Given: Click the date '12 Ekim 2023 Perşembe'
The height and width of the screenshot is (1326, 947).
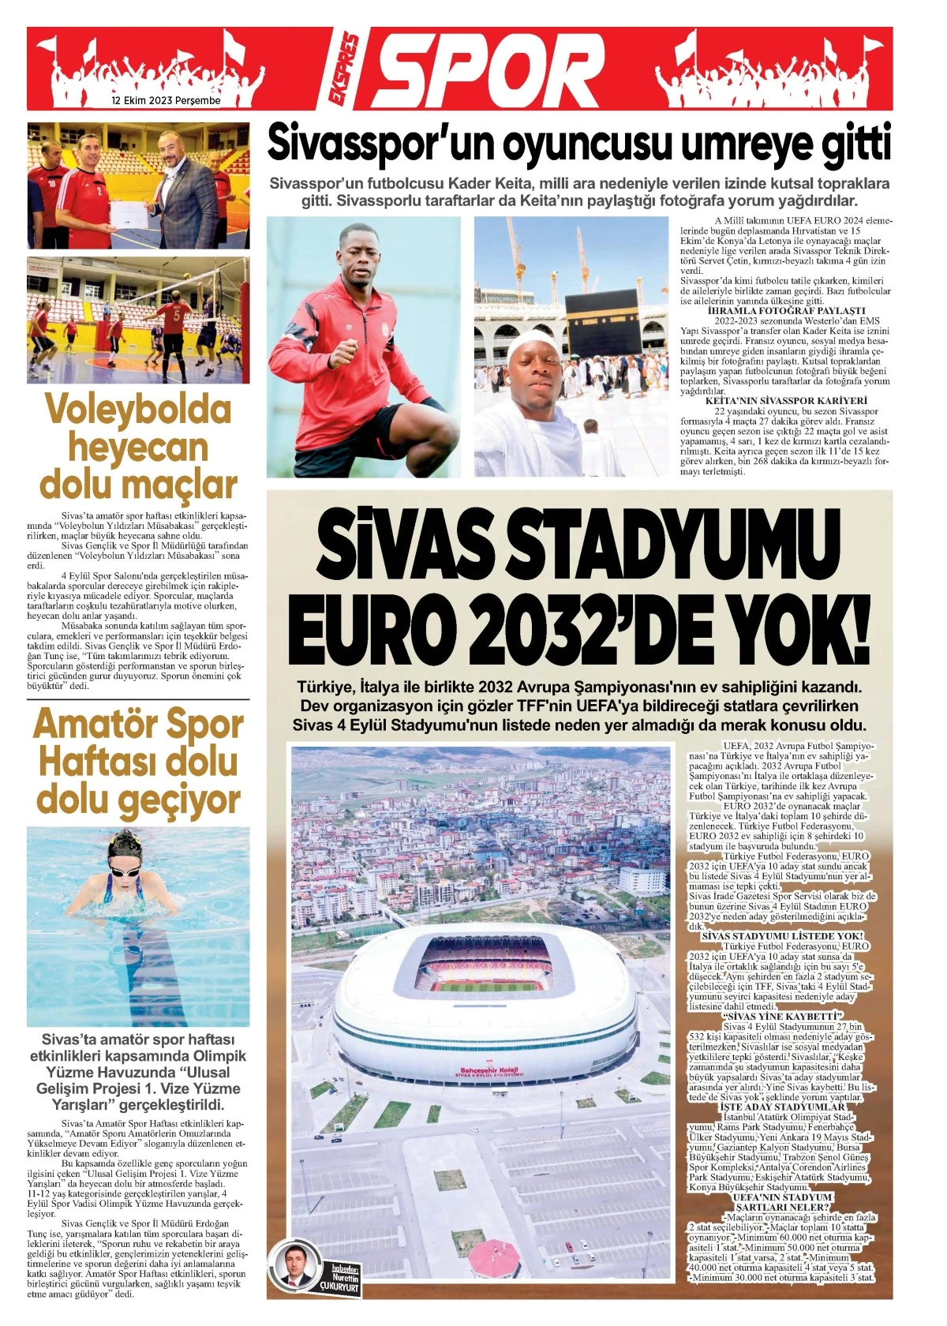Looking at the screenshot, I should pos(166,101).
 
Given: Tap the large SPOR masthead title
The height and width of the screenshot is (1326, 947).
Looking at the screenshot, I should pos(489,69).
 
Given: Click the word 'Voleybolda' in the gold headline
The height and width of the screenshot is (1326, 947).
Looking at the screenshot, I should pos(138,410).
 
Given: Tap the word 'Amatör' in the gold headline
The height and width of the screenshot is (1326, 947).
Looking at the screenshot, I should pos(87,725).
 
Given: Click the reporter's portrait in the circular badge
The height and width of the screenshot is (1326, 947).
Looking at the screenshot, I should pos(293,1270).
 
